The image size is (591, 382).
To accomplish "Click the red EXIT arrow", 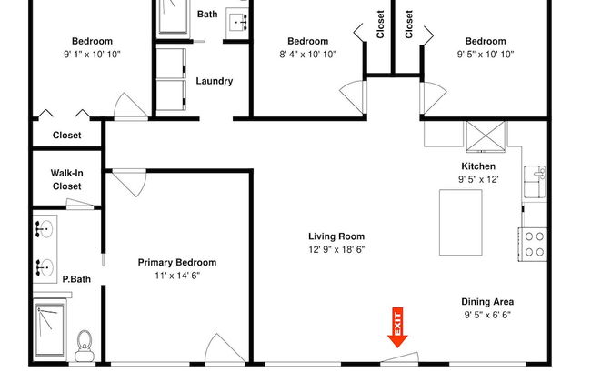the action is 397,327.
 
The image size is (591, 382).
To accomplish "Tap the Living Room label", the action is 336,236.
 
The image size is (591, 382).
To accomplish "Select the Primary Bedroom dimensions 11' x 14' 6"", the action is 177,276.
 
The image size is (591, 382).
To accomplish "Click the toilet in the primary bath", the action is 85,346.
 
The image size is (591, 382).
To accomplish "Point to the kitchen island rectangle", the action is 461,223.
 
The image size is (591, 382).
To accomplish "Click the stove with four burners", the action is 533,245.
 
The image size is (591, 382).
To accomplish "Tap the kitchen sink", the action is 535,182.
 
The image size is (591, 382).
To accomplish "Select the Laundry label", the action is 215,81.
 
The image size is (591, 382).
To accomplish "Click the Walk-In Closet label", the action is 67,179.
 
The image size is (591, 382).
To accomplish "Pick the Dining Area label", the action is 487,302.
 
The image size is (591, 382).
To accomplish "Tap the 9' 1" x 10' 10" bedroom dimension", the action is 92,55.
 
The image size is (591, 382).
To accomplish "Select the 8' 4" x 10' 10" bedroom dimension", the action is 307,55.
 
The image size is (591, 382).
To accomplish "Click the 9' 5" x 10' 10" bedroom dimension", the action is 486,55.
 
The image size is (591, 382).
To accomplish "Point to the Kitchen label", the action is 478,166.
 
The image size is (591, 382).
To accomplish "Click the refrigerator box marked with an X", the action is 486,136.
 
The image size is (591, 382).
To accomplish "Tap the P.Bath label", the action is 76,279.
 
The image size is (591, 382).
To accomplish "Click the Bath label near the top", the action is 207,15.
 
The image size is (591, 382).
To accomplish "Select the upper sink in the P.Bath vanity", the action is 45,229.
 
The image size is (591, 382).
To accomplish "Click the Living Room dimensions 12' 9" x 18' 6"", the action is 336,249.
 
